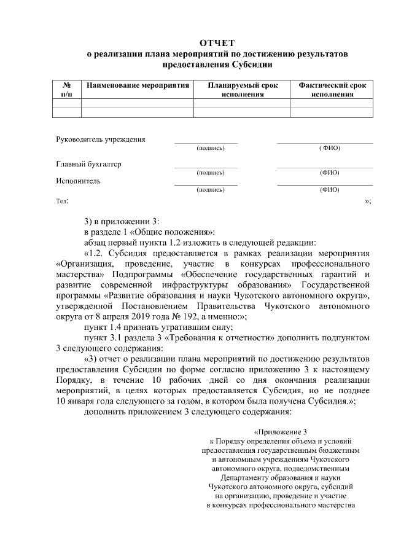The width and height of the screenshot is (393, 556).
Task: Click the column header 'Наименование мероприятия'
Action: (x=138, y=86)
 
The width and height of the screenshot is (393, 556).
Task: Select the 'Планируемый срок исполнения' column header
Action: (x=242, y=90)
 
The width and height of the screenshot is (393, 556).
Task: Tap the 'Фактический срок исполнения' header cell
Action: (x=332, y=90)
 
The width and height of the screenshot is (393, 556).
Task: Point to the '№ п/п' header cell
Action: (x=67, y=90)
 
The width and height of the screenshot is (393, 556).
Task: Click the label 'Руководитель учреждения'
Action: (x=101, y=139)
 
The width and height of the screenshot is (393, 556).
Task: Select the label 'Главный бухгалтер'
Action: (x=88, y=164)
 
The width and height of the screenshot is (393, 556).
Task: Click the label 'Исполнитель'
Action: (x=78, y=181)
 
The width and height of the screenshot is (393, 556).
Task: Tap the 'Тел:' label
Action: (x=62, y=201)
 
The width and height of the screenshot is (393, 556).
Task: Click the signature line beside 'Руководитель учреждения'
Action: (x=206, y=143)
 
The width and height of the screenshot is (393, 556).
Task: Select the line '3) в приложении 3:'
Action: (x=121, y=222)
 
